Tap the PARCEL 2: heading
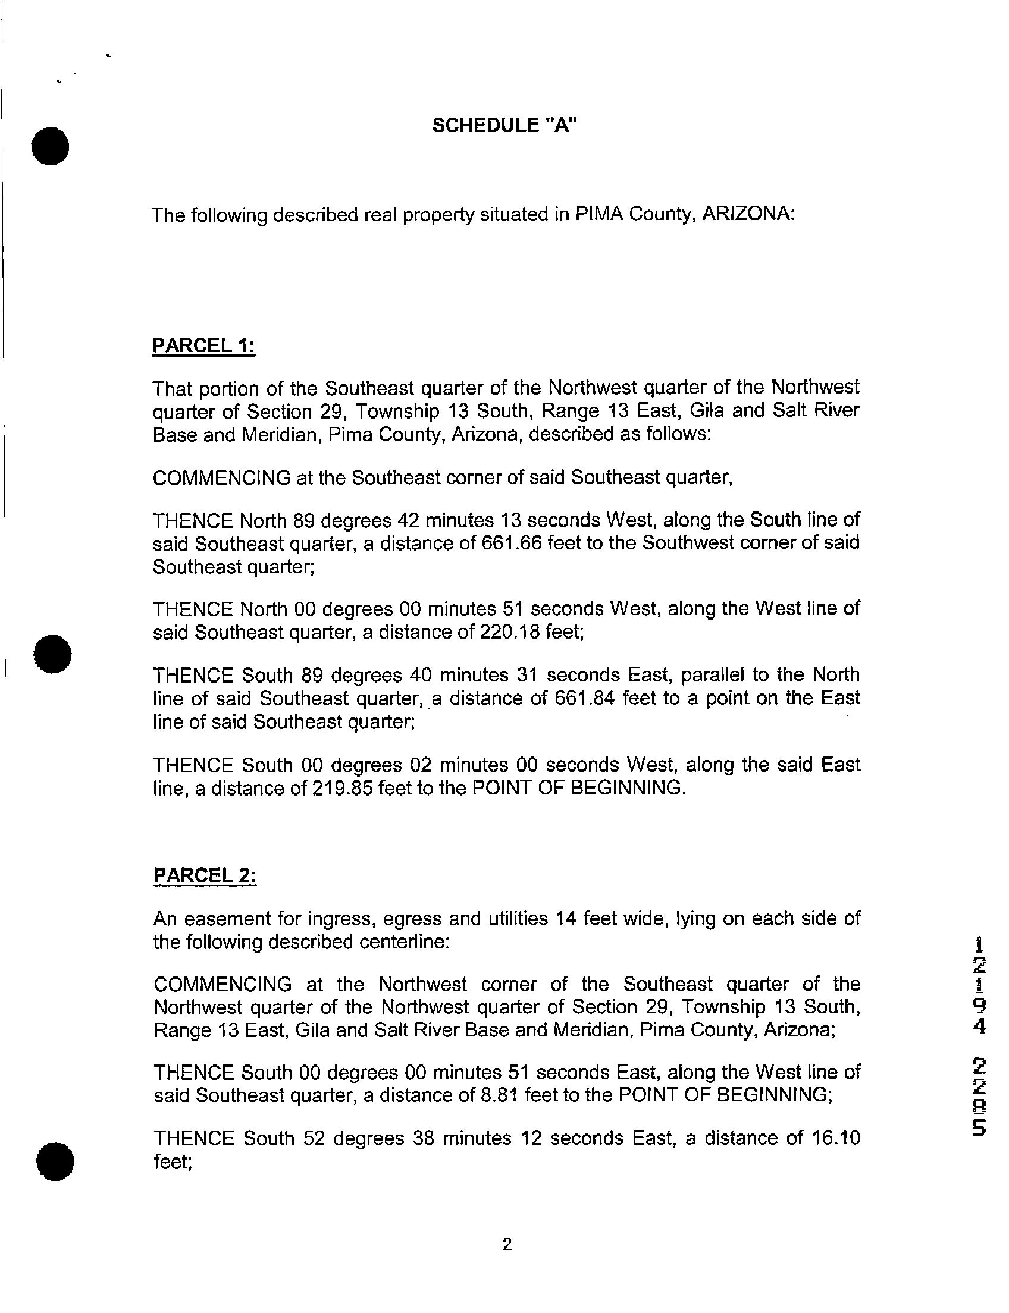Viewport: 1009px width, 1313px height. click(205, 876)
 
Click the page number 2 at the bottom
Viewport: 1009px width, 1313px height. click(507, 1245)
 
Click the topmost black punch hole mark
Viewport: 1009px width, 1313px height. click(51, 146)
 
